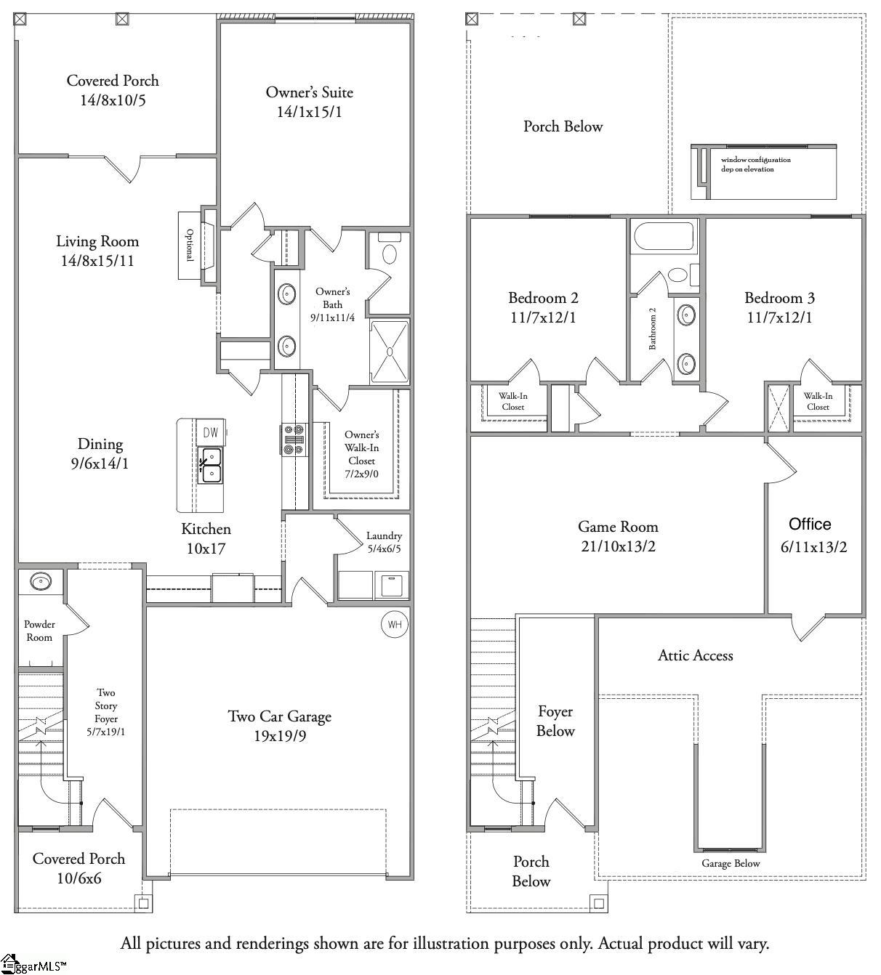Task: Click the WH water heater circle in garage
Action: pos(394,625)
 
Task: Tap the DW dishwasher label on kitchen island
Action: pos(210,433)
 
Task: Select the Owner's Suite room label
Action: pos(309,92)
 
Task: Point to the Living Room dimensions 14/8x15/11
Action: pos(97,261)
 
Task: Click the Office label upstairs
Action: pos(810,524)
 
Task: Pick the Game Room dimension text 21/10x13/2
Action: pos(618,546)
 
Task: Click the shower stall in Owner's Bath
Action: pos(390,351)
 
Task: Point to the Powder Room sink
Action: pos(41,581)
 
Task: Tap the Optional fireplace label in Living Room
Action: pos(190,245)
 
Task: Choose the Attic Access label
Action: pos(695,655)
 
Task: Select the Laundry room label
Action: pos(384,535)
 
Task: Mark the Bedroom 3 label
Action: pos(779,298)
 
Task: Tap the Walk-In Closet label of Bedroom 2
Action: pos(512,401)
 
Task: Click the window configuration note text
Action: pos(755,164)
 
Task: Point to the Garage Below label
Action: pos(731,863)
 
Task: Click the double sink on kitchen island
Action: pos(211,466)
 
